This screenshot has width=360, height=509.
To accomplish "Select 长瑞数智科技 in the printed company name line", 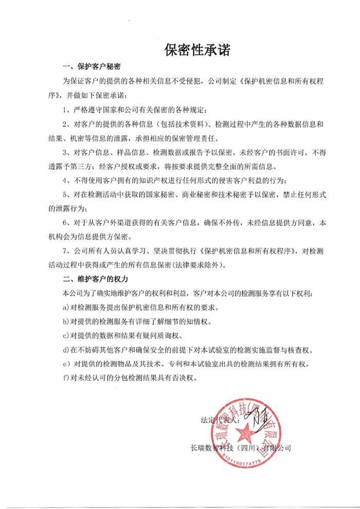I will point(211,448).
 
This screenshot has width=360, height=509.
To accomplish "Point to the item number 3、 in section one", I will point(66,153).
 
